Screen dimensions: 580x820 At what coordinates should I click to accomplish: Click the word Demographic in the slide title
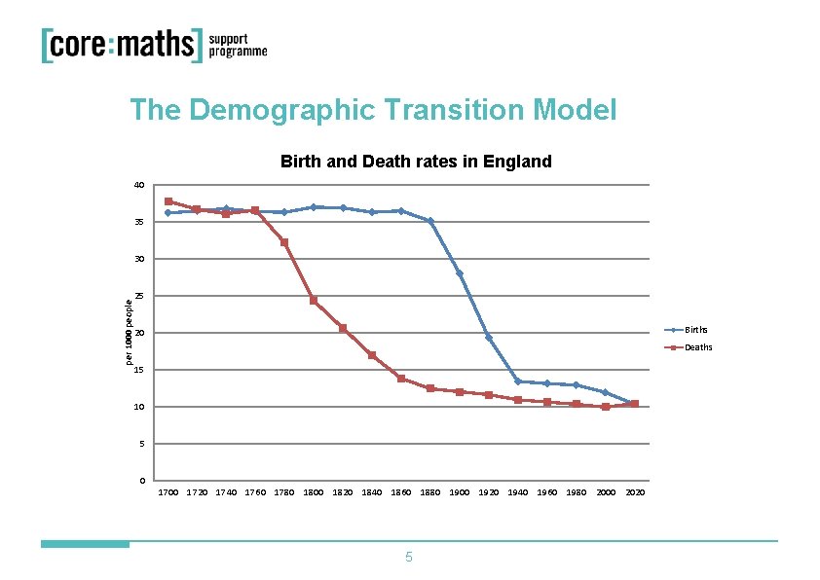pyautogui.click(x=282, y=110)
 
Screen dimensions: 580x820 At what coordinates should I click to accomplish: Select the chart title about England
pyautogui.click(x=416, y=162)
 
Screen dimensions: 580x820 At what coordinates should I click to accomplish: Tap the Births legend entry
pyautogui.click(x=695, y=330)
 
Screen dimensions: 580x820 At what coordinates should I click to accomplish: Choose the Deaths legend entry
pyautogui.click(x=697, y=347)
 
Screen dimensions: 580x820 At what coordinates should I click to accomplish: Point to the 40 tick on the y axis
pyautogui.click(x=139, y=185)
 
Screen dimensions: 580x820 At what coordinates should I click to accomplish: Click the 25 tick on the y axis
pyautogui.click(x=139, y=296)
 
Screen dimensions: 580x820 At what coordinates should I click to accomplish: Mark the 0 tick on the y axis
pyautogui.click(x=142, y=481)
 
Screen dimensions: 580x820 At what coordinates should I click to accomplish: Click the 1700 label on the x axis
pyautogui.click(x=168, y=493)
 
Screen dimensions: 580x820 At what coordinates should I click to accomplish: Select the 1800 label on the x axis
pyautogui.click(x=314, y=493)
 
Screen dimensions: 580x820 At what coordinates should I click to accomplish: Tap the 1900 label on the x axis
pyautogui.click(x=460, y=493)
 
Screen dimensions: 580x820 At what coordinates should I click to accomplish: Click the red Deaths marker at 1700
pyautogui.click(x=168, y=201)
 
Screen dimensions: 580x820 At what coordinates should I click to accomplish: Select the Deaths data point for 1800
pyautogui.click(x=314, y=301)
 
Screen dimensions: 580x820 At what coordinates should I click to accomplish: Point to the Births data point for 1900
pyautogui.click(x=460, y=273)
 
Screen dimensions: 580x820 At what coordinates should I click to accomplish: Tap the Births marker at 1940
pyautogui.click(x=518, y=381)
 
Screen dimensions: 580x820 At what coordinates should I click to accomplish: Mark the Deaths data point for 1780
pyautogui.click(x=284, y=242)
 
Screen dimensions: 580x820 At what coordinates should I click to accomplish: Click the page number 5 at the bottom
pyautogui.click(x=409, y=558)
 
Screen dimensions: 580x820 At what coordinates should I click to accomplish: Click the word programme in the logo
pyautogui.click(x=238, y=54)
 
